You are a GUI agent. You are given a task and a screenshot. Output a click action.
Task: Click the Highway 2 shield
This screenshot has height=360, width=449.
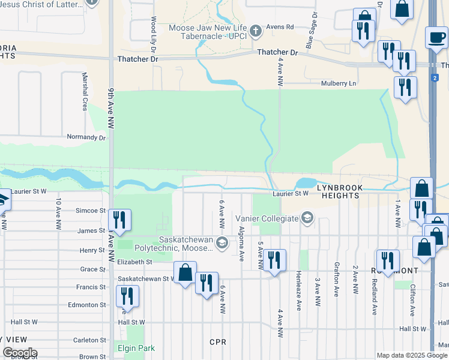coord(434,77)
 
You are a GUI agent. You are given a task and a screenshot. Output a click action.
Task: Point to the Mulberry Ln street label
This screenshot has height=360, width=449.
coord(339,83)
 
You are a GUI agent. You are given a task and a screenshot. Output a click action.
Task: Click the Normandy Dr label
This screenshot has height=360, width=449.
coord(86,137)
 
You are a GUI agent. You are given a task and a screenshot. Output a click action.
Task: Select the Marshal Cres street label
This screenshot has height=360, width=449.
coord(84,91)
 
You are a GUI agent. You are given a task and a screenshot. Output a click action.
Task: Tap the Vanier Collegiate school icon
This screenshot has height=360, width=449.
coord(308,218)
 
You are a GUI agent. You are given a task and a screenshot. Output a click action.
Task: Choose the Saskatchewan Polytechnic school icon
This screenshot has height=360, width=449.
coord(221,242)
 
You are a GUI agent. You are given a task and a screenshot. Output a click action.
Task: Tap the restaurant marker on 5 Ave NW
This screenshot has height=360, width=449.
coord(274,260)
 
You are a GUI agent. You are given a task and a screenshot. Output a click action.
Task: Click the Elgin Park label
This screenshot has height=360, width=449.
coord(135,348)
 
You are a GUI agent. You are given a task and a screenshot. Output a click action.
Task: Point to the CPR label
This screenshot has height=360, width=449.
coord(217,342)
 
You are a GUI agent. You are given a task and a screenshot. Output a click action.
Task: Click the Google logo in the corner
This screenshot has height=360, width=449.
coord(19,353)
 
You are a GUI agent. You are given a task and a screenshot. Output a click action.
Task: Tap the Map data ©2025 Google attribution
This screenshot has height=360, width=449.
coord(412,355)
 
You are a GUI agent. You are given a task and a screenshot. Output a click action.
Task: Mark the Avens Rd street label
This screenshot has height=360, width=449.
coord(280,27)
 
